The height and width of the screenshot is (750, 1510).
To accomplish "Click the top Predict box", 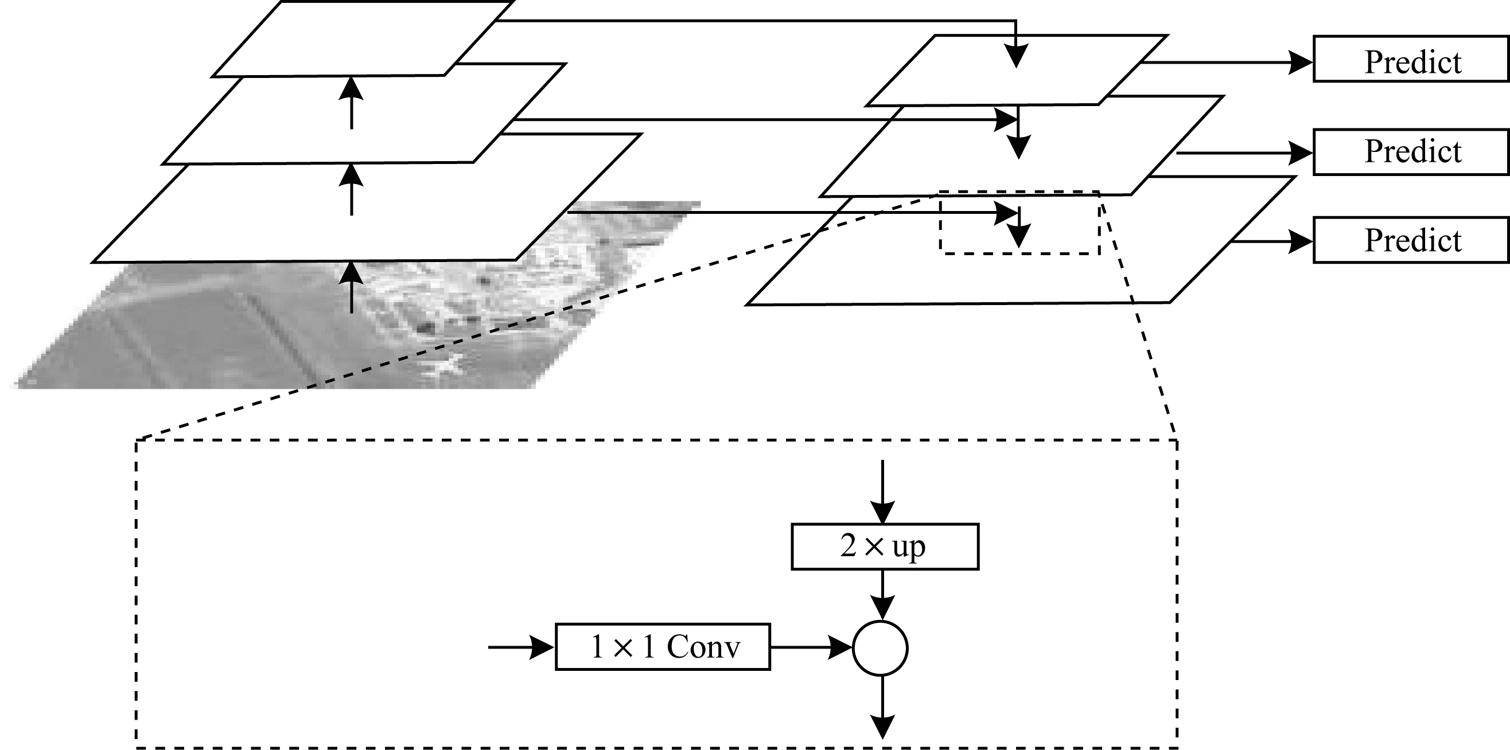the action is [x=1411, y=59].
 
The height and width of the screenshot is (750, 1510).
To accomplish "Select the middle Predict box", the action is [x=1411, y=153].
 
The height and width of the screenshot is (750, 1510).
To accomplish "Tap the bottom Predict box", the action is [x=1411, y=240].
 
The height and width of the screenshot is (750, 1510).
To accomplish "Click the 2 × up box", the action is [x=885, y=546].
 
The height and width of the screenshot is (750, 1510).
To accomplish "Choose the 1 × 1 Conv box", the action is [x=663, y=647].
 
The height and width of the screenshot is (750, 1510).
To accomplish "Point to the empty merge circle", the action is [x=881, y=648].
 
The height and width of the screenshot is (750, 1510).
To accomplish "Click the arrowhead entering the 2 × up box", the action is [x=883, y=512].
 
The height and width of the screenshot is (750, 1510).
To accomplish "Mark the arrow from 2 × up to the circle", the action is [x=883, y=595].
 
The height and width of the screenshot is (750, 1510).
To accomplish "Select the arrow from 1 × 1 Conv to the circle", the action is [x=811, y=647].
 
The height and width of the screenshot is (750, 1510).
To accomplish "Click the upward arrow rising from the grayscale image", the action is [x=352, y=287].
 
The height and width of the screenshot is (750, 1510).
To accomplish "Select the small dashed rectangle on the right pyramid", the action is [x=1020, y=222].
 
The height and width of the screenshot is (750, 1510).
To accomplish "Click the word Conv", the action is [x=703, y=647].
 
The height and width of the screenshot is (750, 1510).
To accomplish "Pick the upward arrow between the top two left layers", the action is [x=352, y=103].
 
